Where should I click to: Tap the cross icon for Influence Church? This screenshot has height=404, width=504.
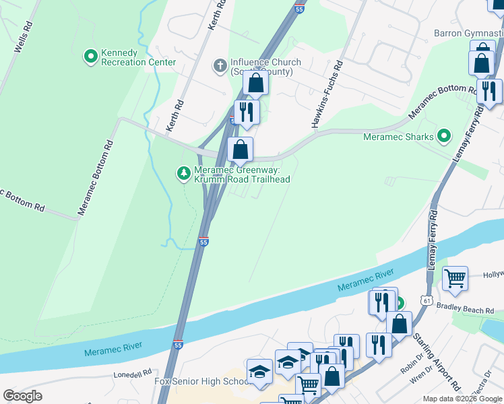tap(219, 66)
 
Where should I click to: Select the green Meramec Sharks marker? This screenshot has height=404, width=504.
tap(443, 137)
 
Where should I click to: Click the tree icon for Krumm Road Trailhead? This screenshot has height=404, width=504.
tap(183, 174)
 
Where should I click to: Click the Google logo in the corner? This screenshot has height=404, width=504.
tap(22, 395)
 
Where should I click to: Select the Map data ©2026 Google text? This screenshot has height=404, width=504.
tap(462, 399)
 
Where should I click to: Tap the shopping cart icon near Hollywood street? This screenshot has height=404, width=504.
tap(455, 277)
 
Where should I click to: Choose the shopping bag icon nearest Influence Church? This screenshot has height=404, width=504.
tap(255, 83)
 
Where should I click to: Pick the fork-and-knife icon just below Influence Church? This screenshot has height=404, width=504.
tap(247, 112)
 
